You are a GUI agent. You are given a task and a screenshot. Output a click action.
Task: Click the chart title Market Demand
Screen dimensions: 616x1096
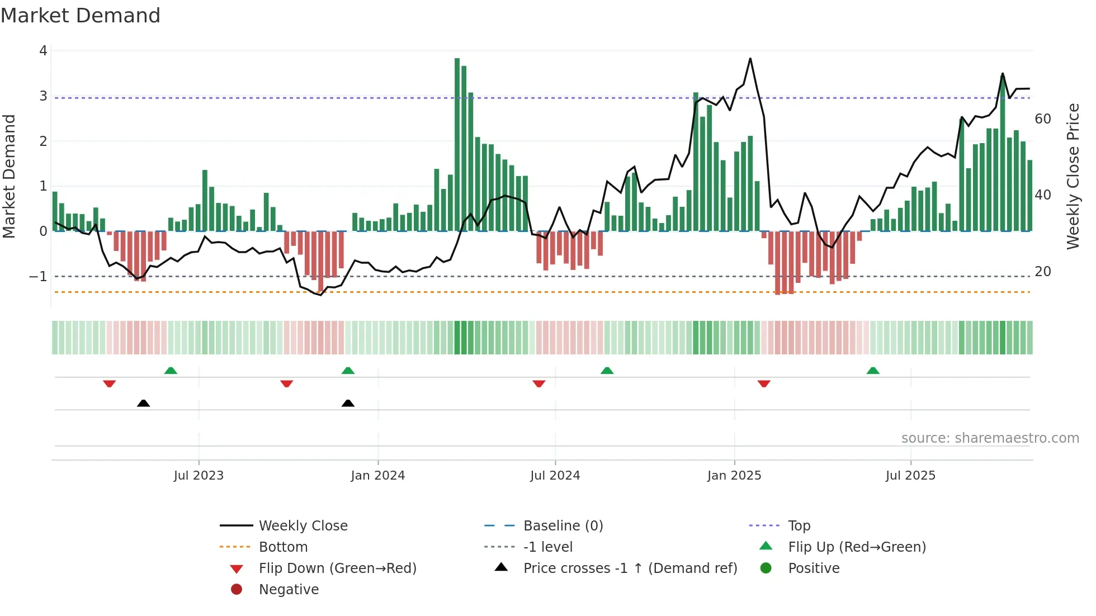tap(81, 16)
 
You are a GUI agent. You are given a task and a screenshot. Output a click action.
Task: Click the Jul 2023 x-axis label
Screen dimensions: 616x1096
tap(199, 476)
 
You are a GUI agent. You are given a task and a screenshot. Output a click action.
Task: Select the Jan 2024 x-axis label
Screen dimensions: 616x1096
tap(377, 476)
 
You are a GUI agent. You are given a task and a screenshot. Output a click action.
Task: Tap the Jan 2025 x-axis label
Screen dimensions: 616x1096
tap(734, 476)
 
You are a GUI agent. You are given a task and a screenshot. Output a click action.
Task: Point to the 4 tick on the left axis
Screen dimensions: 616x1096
tap(43, 51)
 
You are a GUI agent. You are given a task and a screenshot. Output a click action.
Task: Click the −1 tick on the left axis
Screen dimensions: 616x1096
tap(38, 277)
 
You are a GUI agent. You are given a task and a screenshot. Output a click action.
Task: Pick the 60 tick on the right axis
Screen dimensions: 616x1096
tap(1042, 119)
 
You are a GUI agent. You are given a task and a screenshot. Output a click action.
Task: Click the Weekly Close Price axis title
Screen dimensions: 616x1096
tap(1073, 176)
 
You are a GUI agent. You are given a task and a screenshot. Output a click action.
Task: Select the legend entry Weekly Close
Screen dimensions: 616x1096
tap(303, 526)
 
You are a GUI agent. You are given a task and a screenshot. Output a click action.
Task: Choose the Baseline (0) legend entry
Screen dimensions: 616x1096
tap(563, 526)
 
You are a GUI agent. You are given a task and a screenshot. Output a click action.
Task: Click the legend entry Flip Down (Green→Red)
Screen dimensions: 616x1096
tap(337, 568)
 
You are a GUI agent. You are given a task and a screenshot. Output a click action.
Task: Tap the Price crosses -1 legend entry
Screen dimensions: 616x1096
tap(630, 568)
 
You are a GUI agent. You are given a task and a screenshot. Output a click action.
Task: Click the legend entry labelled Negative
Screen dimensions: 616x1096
tap(289, 590)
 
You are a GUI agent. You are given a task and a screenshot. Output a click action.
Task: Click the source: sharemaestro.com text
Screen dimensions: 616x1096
tap(990, 438)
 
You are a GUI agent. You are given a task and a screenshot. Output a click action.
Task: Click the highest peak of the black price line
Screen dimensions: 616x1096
tap(750, 59)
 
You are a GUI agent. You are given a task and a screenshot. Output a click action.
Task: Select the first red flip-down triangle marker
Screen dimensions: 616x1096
tap(110, 383)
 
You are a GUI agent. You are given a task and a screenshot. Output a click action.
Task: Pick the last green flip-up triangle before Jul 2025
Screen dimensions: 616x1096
tap(873, 371)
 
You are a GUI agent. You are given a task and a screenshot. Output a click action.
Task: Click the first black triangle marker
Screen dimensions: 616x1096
tap(143, 403)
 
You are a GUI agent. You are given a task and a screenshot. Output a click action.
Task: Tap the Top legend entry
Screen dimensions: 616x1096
tap(799, 526)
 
